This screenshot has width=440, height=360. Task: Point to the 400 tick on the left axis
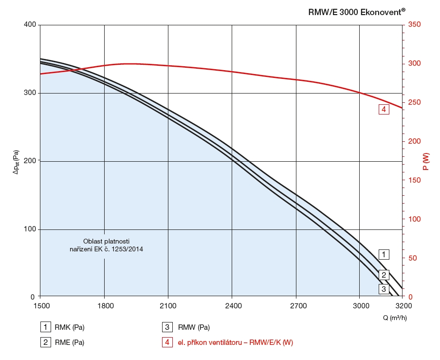(30, 24)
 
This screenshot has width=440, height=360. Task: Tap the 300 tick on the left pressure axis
(30, 93)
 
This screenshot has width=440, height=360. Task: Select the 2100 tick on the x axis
(168, 305)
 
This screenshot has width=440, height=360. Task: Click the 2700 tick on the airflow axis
(296, 305)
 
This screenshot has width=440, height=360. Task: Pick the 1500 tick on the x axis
(40, 305)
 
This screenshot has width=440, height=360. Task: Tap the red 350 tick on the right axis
(414, 24)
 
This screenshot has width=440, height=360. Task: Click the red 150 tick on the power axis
(414, 180)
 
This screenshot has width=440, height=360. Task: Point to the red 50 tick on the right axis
(413, 258)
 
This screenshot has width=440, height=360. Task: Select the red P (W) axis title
(426, 161)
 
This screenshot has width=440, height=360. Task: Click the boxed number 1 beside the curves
(384, 254)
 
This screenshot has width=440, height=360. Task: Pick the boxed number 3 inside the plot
(384, 289)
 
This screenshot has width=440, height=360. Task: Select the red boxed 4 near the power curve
(384, 110)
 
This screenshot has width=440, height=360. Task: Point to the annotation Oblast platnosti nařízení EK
(107, 245)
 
